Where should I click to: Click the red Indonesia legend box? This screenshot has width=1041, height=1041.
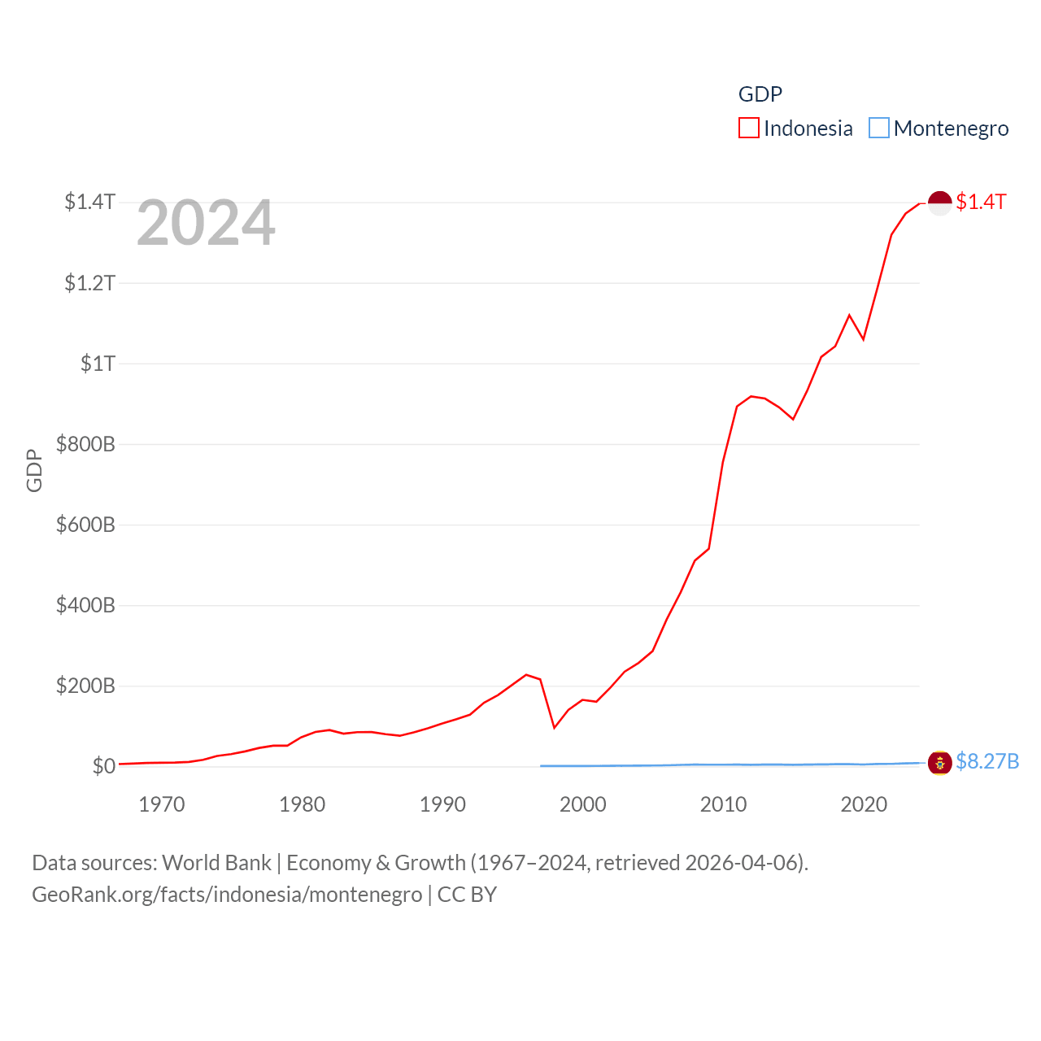tap(748, 128)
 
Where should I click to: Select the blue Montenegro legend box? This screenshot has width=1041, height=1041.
tap(879, 128)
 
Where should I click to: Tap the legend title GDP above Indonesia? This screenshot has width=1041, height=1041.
tap(760, 94)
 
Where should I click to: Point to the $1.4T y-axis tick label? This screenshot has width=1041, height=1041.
tap(89, 202)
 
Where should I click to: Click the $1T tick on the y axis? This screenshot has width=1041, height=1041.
tap(98, 364)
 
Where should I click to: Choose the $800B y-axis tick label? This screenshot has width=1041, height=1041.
tap(85, 444)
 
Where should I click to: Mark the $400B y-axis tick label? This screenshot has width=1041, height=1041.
tap(85, 605)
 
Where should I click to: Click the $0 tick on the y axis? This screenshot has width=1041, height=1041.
tap(103, 766)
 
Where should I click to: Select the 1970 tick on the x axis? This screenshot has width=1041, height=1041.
tap(162, 804)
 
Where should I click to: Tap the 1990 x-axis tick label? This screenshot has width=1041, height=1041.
tap(442, 804)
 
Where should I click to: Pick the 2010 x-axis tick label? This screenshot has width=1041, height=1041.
tap(723, 804)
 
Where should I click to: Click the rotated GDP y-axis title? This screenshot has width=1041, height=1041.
tap(34, 470)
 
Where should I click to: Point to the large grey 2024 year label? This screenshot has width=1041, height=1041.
tap(206, 223)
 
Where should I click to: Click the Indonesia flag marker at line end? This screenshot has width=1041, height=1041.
tap(940, 203)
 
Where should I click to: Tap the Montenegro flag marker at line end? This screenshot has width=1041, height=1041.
tap(940, 763)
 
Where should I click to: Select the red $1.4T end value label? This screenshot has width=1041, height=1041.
tap(981, 202)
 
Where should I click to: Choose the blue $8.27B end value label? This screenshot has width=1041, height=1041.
tap(987, 761)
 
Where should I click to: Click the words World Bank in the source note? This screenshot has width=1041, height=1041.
tap(216, 863)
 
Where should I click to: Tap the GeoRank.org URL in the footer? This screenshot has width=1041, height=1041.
tap(227, 895)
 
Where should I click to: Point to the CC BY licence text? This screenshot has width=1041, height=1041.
tap(467, 895)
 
